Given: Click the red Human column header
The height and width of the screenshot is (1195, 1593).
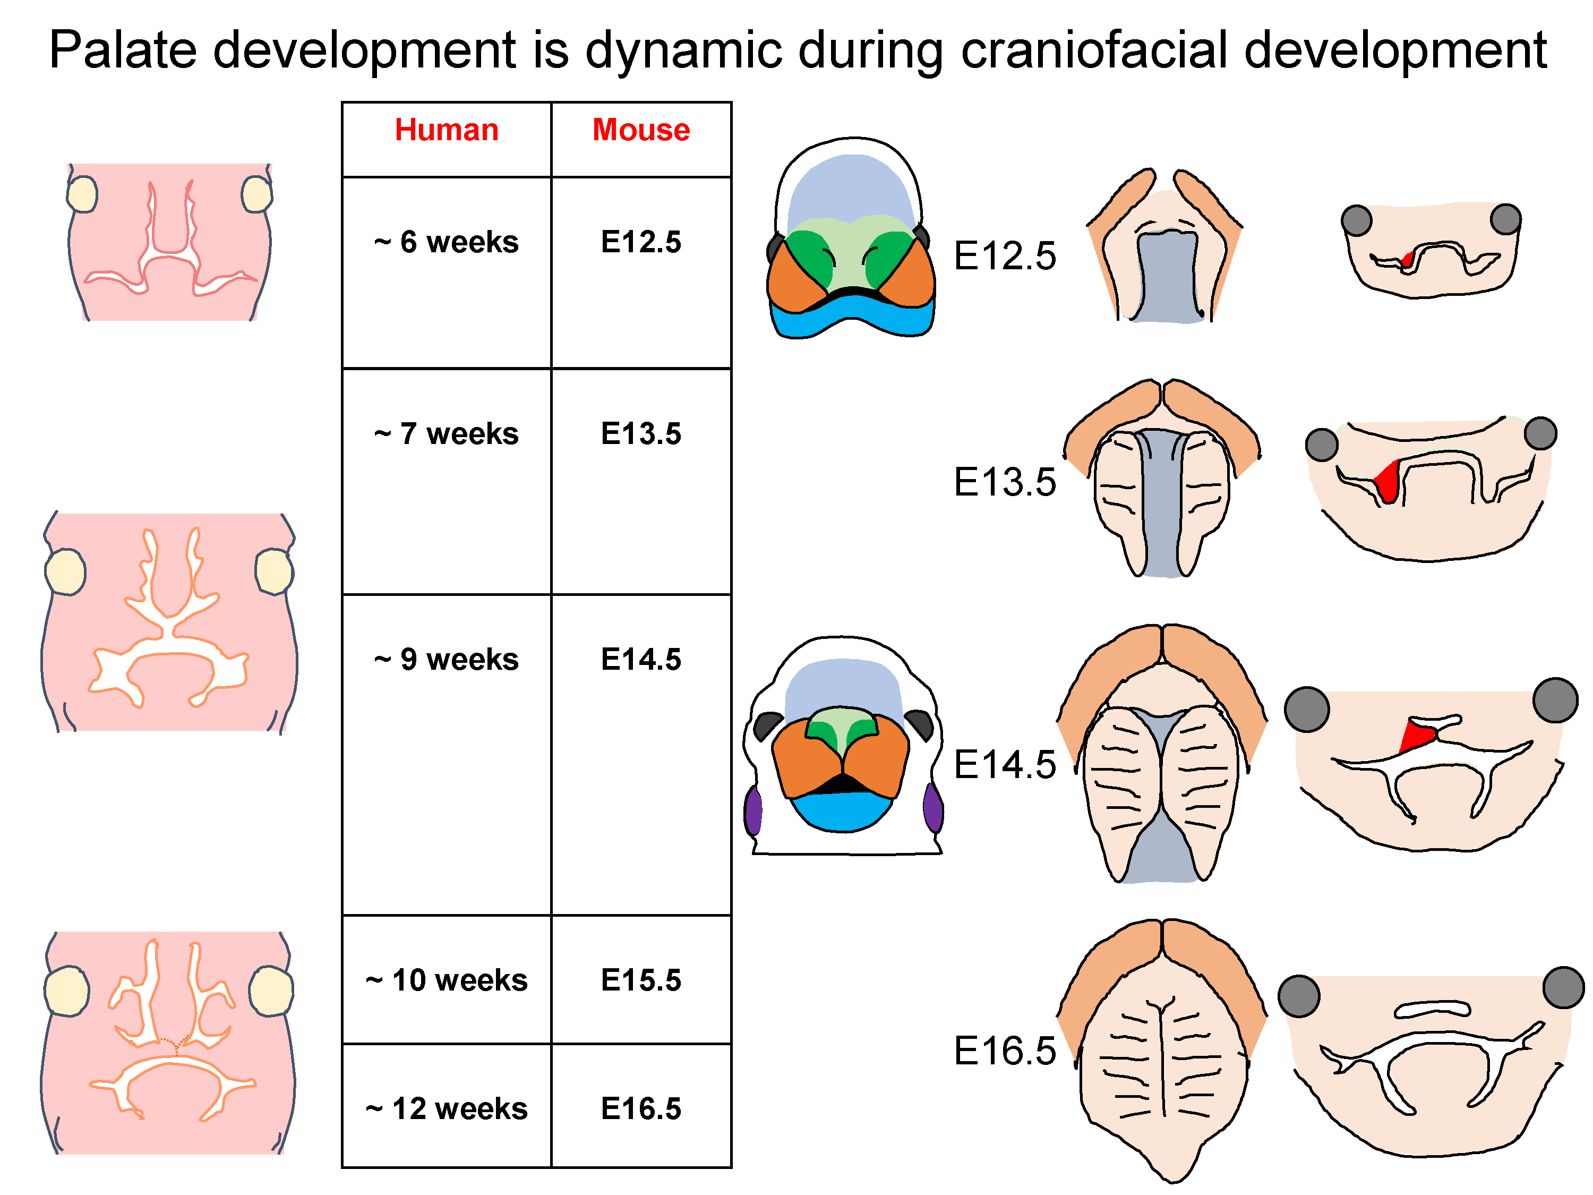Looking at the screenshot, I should point(447,130).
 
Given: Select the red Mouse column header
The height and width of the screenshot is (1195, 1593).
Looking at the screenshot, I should point(641,130).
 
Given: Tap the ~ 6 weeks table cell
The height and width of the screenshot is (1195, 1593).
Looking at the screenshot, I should point(447,242).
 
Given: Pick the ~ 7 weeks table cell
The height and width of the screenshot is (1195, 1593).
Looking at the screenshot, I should point(447,433).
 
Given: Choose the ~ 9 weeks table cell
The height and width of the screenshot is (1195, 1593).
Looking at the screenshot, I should point(447,659).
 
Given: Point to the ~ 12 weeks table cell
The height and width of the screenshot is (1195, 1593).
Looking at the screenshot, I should point(447,1108).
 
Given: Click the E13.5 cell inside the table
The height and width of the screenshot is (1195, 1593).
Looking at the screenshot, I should point(641,433).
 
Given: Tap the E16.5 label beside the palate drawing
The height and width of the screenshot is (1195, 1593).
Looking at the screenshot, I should point(1005,1050).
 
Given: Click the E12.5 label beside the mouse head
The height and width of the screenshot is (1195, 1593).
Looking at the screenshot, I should point(1005,255).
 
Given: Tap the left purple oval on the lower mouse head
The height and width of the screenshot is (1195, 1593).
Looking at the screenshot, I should point(753,811).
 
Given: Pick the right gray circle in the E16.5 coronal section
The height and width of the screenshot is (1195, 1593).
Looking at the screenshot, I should point(1563,987).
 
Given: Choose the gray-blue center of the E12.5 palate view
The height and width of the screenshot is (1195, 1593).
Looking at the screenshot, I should point(1167,277).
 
